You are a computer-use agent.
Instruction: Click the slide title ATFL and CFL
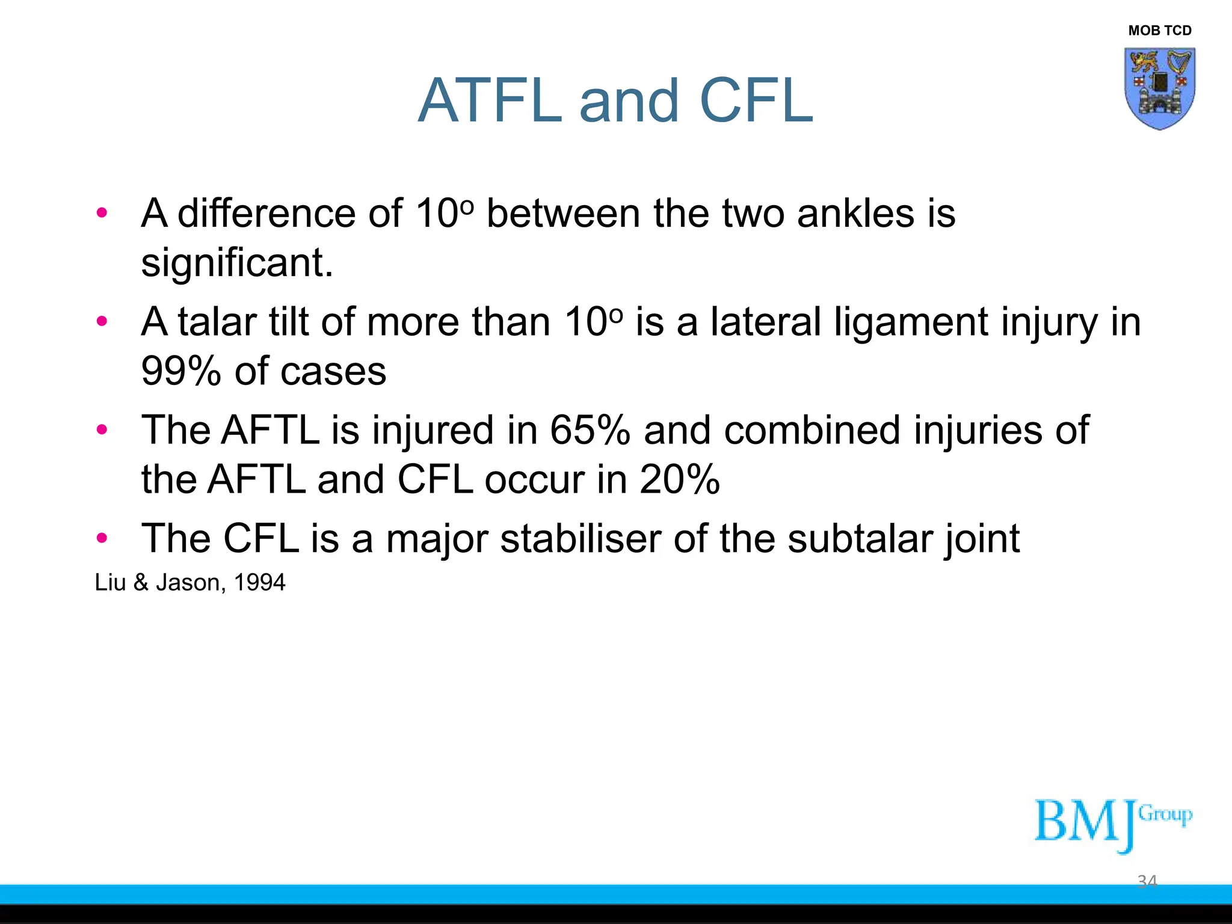(615, 100)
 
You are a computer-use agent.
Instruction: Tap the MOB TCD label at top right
(1159, 31)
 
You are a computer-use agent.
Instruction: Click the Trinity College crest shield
(1159, 88)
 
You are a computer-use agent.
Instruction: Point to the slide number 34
(1147, 881)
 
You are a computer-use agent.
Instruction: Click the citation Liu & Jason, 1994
(190, 582)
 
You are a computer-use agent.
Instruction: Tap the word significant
(236, 263)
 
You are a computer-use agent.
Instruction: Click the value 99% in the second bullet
(180, 371)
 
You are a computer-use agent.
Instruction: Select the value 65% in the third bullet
(590, 430)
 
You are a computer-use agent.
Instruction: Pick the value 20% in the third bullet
(679, 479)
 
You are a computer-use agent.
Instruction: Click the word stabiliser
(580, 538)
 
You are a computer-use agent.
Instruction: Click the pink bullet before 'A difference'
(102, 212)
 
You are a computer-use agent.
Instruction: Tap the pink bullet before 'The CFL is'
(102, 537)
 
